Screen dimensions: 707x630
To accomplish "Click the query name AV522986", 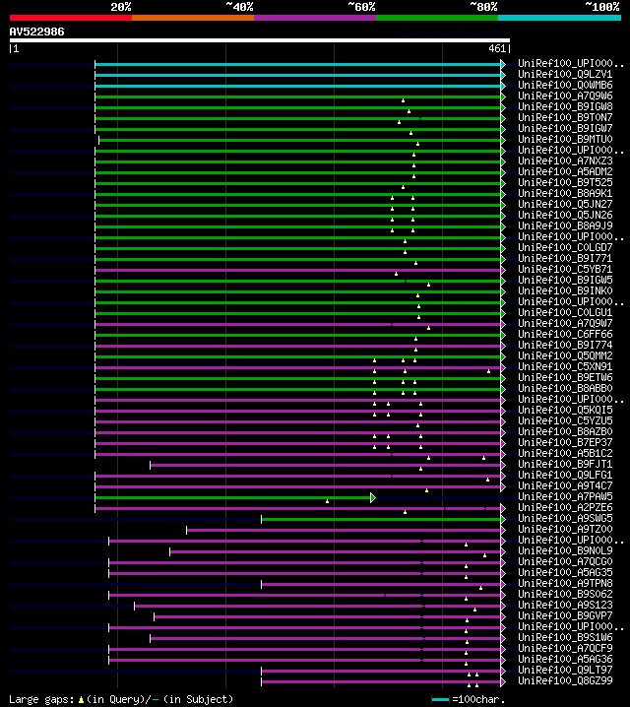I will click(36, 32).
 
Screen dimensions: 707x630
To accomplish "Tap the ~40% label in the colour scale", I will click(239, 7).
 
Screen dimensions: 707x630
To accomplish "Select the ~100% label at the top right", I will click(601, 7).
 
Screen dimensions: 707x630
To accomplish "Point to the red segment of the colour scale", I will click(70, 18).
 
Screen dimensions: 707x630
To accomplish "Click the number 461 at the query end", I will click(497, 47).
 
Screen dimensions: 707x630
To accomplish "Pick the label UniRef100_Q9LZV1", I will click(565, 74).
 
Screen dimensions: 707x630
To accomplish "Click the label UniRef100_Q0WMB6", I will click(565, 85).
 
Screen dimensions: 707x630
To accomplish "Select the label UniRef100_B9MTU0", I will click(565, 139).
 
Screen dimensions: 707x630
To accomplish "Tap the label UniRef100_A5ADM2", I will click(565, 171).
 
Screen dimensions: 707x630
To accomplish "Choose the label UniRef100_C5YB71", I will click(565, 269).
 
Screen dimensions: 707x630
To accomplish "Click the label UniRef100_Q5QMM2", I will click(565, 355).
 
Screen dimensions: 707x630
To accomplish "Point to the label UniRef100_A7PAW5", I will click(565, 496).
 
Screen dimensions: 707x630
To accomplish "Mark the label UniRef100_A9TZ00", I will click(565, 529).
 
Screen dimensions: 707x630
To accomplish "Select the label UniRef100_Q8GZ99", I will click(565, 680).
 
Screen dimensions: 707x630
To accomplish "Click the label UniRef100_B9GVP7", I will click(565, 615).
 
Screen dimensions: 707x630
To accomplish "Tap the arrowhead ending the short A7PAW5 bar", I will click(373, 497).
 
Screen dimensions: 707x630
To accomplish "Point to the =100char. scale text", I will click(479, 699).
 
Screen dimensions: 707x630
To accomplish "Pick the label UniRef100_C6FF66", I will click(565, 334).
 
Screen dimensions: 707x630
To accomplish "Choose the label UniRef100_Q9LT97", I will click(565, 670).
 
